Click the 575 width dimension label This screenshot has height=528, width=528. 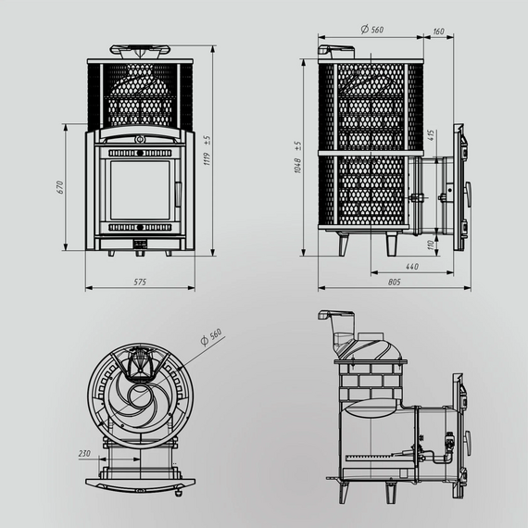[140, 282]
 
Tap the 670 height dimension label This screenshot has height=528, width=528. [60, 187]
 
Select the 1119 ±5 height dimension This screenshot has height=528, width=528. [207, 150]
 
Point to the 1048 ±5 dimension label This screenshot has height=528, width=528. [297, 157]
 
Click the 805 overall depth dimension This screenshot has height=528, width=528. [395, 282]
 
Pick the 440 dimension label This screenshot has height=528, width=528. [412, 267]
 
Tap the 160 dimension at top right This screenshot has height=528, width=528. [438, 31]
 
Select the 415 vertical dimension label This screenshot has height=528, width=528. [432, 135]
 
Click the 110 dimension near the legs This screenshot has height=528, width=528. [431, 245]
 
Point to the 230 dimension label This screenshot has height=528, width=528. [84, 454]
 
